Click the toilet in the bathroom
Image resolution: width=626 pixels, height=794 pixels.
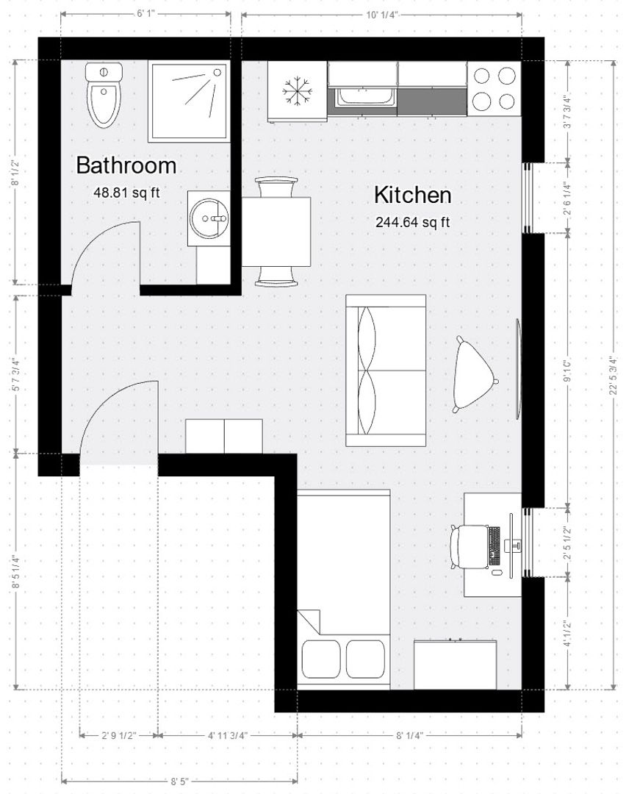click(104, 96)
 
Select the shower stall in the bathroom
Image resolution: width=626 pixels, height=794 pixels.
click(189, 101)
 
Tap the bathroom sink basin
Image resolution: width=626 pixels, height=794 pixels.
click(209, 218)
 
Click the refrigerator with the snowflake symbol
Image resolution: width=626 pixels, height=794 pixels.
click(297, 91)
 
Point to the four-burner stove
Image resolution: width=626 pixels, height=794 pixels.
click(494, 87)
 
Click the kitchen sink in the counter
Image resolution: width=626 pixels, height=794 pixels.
click(365, 96)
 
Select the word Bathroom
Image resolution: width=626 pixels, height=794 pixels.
click(126, 165)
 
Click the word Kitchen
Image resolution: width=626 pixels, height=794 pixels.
click(412, 196)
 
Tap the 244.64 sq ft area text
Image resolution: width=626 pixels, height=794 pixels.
click(412, 222)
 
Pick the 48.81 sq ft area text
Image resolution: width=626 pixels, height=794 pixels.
click(126, 193)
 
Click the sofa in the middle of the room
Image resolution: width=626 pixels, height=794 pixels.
click(386, 371)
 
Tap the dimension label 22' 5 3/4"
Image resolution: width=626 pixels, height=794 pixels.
click(614, 376)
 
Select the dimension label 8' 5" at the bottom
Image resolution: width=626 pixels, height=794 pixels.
click(179, 782)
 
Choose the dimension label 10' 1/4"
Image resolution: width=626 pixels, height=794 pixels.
click(381, 14)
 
